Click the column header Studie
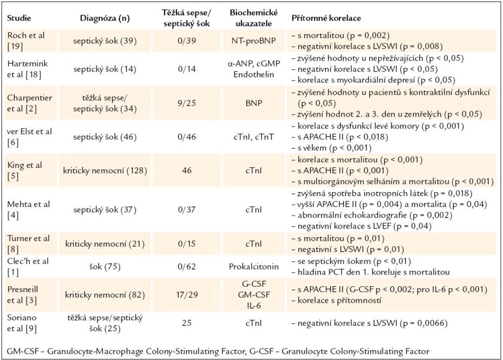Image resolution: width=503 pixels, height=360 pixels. click(19, 18)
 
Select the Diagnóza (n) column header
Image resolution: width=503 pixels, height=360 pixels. click(104, 18)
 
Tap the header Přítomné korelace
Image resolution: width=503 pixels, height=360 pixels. click(326, 18)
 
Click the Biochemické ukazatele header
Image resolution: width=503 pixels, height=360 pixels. click(254, 18)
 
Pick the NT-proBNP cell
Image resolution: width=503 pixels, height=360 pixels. click(254, 40)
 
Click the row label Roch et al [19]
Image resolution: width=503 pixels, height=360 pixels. click(26, 40)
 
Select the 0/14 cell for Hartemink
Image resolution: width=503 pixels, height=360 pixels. click(187, 69)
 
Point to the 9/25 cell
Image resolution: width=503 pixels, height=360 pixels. click(187, 103)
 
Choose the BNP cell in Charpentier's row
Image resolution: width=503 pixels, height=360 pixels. click(254, 103)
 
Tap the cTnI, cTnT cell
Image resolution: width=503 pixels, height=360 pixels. click(254, 137)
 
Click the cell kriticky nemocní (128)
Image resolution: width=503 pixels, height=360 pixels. click(105, 171)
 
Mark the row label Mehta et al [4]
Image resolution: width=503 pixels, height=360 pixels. click(28, 210)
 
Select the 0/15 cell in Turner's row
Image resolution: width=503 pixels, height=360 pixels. click(187, 244)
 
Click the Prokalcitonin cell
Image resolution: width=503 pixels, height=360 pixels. click(254, 267)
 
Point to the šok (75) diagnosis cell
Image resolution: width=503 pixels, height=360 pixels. click(104, 267)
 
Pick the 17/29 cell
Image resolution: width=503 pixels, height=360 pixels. click(187, 295)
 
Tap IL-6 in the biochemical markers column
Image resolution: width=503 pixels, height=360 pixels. click(254, 306)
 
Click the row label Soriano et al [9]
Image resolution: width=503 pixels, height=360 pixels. click(22, 323)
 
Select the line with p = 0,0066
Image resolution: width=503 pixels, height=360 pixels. click(369, 323)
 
